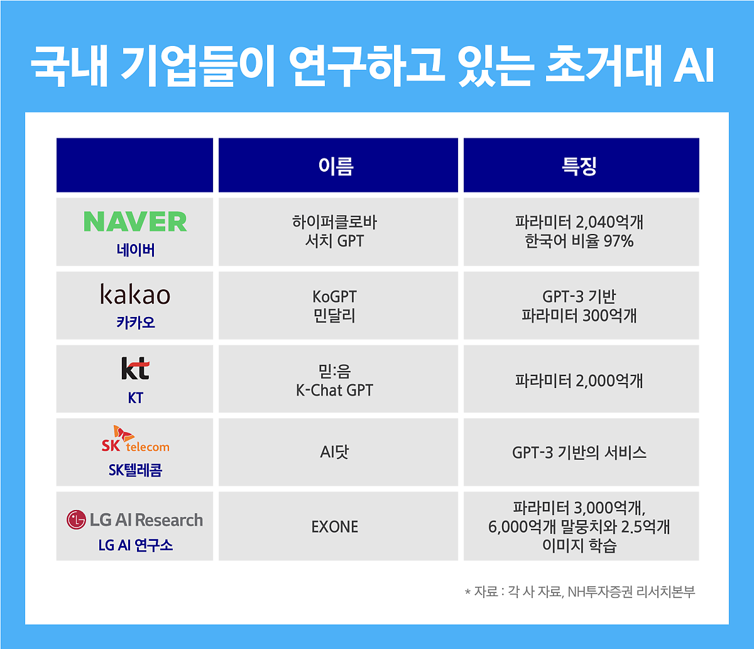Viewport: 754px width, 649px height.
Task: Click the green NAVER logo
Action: tap(135, 221)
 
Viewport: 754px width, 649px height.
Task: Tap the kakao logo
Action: tap(135, 294)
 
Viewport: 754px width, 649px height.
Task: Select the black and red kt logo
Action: tap(135, 369)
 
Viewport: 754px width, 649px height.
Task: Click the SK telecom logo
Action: tap(135, 439)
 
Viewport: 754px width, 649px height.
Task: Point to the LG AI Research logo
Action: tap(134, 520)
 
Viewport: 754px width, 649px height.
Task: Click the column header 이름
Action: tap(336, 166)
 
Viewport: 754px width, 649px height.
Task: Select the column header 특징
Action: tap(579, 166)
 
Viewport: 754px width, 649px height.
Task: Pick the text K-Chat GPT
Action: tap(334, 390)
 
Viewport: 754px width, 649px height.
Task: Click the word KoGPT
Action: tap(334, 296)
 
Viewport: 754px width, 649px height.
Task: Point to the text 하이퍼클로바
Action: tap(334, 222)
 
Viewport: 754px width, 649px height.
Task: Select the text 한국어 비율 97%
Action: tap(579, 241)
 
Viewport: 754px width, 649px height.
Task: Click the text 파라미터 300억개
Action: tap(579, 315)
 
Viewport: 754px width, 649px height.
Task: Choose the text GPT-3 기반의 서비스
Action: tap(579, 453)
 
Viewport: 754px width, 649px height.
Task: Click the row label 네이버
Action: tap(136, 250)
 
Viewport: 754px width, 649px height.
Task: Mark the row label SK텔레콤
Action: tap(135, 470)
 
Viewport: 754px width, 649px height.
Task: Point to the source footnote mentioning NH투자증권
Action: tap(580, 592)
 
